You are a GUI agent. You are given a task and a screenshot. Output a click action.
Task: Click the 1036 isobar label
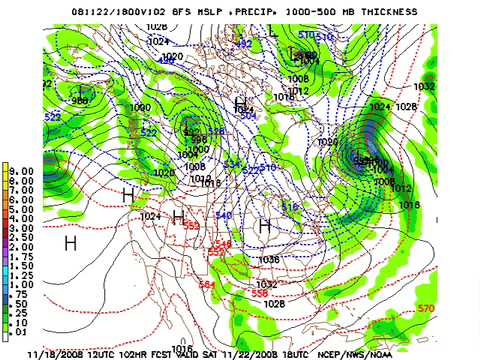(x=267, y=259)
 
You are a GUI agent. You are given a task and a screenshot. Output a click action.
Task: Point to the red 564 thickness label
(x=207, y=285)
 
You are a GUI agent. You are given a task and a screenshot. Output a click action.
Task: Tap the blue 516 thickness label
(x=290, y=206)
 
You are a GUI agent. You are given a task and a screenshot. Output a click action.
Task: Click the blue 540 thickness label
(x=223, y=216)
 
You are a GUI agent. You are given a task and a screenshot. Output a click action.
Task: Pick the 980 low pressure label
(x=80, y=101)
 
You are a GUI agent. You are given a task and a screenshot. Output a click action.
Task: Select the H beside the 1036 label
(x=265, y=228)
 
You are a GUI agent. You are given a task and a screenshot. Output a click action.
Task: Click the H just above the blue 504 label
(x=240, y=103)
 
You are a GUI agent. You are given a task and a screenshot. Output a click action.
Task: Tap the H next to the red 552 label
(x=178, y=216)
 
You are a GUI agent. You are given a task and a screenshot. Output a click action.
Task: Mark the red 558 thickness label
(x=259, y=293)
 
